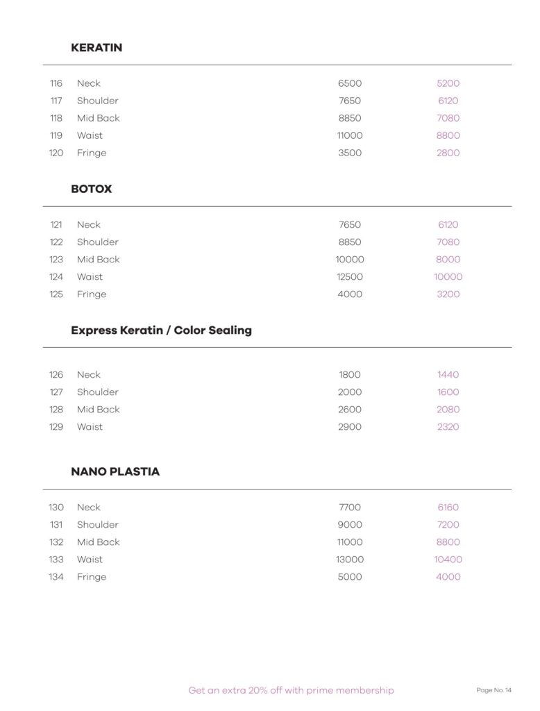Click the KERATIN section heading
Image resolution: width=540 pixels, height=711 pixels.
pos(96,48)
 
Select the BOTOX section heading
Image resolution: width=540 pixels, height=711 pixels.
pos(91,189)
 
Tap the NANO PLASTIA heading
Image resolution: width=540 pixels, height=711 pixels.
pos(115,471)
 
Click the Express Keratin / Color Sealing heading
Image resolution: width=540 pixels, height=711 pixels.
pos(161,331)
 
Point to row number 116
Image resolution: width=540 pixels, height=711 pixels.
pos(56,83)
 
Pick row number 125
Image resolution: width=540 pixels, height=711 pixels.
pos(56,294)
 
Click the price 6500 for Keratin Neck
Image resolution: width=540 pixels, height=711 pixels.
pos(350,83)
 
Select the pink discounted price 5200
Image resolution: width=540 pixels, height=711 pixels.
pos(448,83)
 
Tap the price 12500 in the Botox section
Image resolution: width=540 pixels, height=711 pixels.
pos(350,277)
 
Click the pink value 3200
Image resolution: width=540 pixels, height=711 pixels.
pos(448,294)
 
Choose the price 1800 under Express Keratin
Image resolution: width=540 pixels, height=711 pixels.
pos(350,375)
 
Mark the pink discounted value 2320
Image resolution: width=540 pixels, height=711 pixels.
pos(448,427)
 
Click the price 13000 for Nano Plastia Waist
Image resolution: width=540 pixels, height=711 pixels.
pos(350,560)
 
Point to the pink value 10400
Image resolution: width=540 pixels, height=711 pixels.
pos(448,560)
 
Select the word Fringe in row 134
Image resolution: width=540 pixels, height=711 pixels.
pos(92,577)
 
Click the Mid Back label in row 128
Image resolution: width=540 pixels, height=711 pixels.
pos(98,410)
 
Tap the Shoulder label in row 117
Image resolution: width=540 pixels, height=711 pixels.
pos(97,101)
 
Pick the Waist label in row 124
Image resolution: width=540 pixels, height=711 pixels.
pos(90,277)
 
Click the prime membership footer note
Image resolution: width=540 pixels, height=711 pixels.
pos(291,691)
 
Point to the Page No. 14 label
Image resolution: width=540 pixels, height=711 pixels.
pos(493,690)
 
